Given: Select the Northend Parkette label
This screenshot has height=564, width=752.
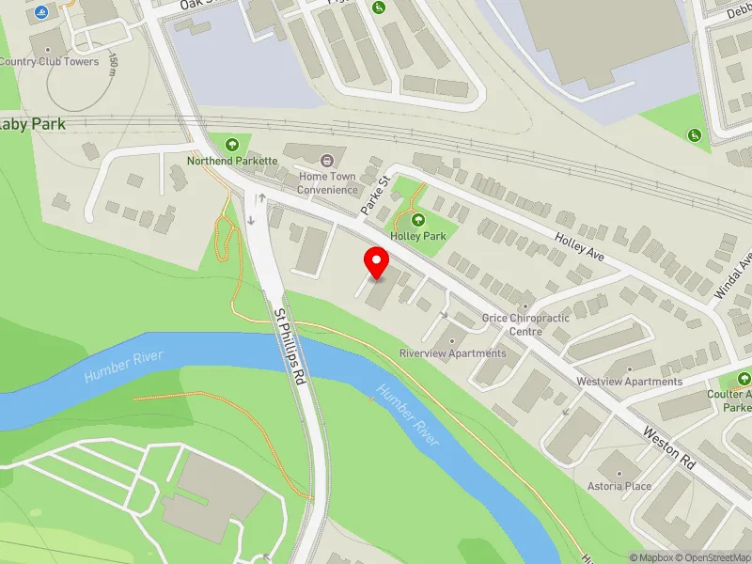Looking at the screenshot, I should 232,161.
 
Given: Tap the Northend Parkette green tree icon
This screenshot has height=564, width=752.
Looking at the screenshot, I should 232,145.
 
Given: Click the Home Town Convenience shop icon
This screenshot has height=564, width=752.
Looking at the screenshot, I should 327,160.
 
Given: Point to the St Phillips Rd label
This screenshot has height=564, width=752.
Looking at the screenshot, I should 290,345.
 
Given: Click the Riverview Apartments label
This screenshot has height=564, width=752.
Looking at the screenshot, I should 452,353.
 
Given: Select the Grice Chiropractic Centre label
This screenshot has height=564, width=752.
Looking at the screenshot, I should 525,324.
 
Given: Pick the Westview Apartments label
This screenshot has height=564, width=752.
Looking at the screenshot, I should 629,382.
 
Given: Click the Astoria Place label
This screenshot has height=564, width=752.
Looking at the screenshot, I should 619,486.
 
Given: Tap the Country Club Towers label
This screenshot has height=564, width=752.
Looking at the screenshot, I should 49,62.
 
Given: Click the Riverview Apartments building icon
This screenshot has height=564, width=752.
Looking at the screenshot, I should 452,340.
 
